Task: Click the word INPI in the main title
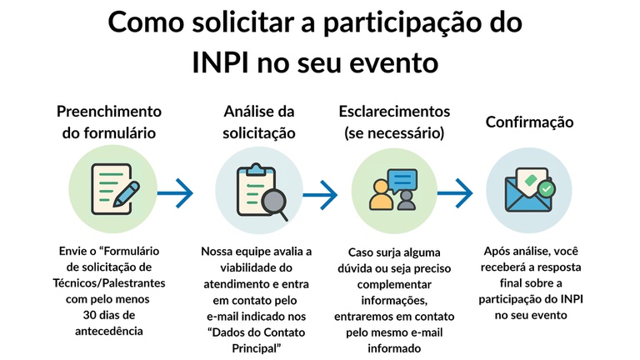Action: (x=220, y=62)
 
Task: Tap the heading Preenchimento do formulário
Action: (x=109, y=122)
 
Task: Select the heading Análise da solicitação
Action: (x=259, y=122)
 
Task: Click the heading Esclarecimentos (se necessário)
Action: (x=394, y=122)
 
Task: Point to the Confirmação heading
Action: (x=529, y=122)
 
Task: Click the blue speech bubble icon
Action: (x=402, y=181)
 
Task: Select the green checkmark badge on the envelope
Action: (x=547, y=188)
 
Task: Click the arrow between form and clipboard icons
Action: (x=175, y=193)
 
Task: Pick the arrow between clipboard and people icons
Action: (x=320, y=195)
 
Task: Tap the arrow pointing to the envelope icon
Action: (x=455, y=193)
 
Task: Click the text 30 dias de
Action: (x=109, y=315)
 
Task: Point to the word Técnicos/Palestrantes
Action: (x=109, y=282)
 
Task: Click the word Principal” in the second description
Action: (x=257, y=348)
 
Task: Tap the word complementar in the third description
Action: (x=394, y=284)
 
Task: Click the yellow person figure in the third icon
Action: (x=381, y=196)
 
